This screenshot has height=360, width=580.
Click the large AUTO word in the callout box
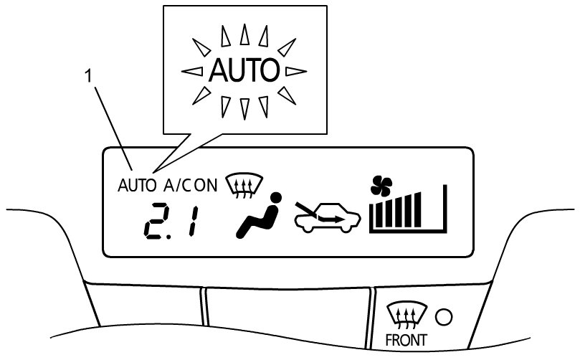click(x=244, y=70)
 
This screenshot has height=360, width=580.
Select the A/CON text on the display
click(x=190, y=185)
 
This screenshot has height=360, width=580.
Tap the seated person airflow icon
click(x=257, y=217)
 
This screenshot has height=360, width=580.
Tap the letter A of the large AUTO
click(x=219, y=70)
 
